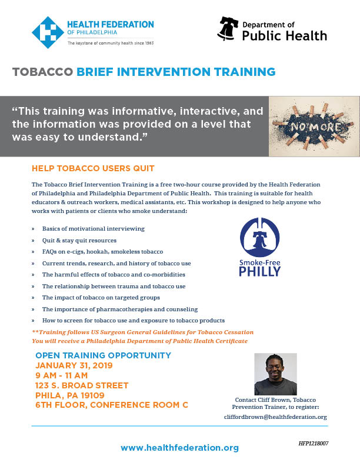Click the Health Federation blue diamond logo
[48, 32]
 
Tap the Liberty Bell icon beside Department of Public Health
[228, 28]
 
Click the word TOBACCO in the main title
[42, 72]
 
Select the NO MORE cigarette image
[314, 127]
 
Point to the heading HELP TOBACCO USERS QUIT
[93, 168]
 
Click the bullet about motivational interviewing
[94, 228]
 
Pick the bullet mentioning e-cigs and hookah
[102, 252]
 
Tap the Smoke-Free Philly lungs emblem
[259, 237]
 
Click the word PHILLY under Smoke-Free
[260, 271]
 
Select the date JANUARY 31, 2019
[74, 365]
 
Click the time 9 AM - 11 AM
[62, 375]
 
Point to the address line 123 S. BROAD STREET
[82, 385]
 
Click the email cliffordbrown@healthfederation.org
[275, 417]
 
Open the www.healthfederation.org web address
[179, 448]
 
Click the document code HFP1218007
[314, 444]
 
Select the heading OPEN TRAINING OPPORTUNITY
[104, 355]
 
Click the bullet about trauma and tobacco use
[114, 286]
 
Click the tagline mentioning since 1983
[111, 43]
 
